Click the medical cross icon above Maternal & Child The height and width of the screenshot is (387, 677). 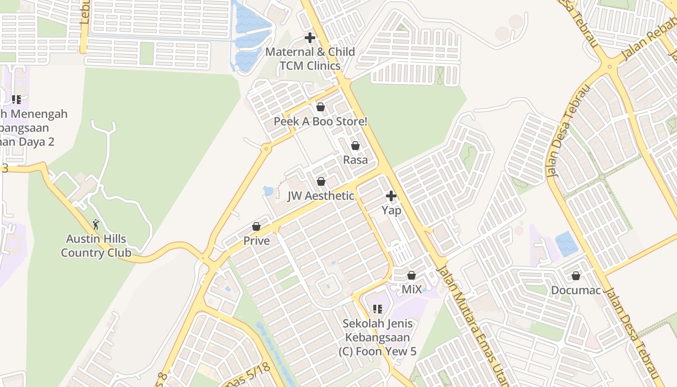coord(310,38)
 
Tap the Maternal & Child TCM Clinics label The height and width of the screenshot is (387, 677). coord(310,59)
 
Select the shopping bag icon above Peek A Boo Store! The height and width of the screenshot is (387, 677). coord(320,107)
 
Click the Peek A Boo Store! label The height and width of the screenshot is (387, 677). coord(321,121)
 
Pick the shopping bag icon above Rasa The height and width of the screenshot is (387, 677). coord(355,146)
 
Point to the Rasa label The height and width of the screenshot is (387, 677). coord(355,160)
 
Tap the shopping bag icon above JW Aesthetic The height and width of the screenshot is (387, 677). coord(321,181)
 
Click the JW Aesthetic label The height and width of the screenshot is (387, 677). coord(321,196)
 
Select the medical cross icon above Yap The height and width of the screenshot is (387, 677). coord(391,196)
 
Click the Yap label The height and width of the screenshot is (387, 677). coord(391,210)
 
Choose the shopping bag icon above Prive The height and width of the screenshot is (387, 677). coord(256,226)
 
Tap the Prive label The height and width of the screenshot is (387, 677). coord(256,241)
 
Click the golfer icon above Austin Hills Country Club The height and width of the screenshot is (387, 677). coord(96,224)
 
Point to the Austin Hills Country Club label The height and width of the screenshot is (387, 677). coord(96,246)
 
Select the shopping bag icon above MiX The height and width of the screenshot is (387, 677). coord(412,275)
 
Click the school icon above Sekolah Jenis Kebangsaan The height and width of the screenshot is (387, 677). coord(378,309)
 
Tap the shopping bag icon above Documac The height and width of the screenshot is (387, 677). coord(576,276)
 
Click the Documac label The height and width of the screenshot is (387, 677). coord(576,291)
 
